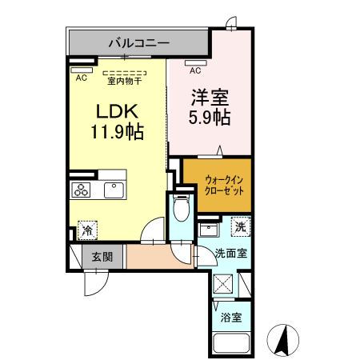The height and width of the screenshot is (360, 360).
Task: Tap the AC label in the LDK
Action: coord(81,78)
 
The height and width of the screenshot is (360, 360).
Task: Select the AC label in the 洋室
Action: coord(195,70)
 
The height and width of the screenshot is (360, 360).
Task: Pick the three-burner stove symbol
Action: coord(82,190)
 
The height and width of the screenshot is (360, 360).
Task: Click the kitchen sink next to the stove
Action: coord(110,190)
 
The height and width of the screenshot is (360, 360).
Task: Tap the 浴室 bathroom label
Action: coord(231,318)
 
